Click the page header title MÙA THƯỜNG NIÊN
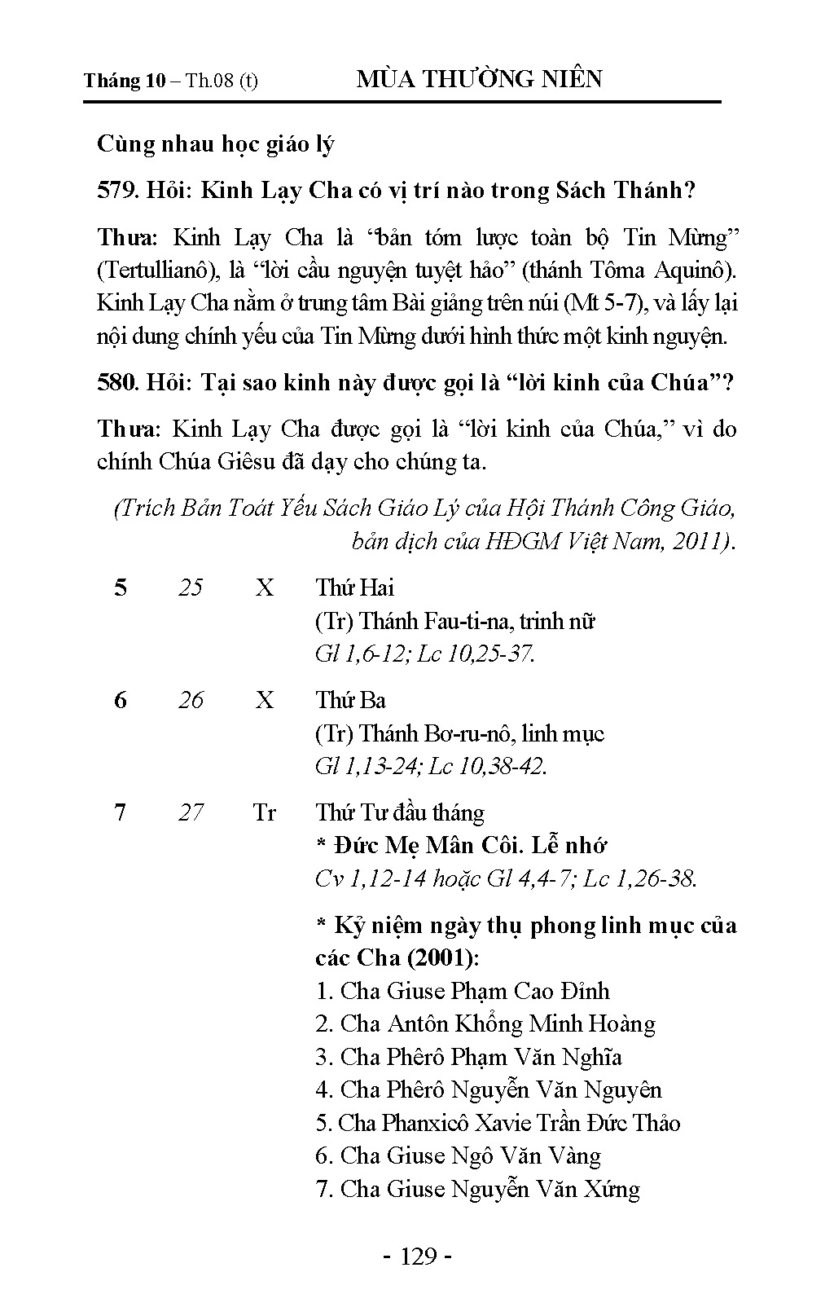(x=480, y=79)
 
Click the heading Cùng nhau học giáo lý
(x=216, y=144)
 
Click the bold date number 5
(x=121, y=588)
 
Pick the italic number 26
(x=191, y=700)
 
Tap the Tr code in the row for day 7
(x=265, y=812)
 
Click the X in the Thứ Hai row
(x=265, y=588)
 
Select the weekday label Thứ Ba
(x=351, y=700)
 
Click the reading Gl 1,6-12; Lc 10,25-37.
(x=425, y=654)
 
